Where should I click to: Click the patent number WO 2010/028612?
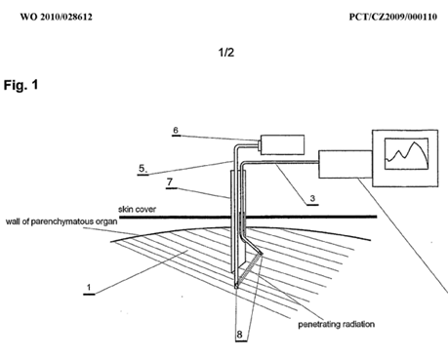point(57,17)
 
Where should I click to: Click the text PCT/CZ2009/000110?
point(393,17)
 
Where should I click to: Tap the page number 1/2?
point(226,53)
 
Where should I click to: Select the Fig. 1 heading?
point(20,85)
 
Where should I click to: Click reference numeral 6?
point(176,130)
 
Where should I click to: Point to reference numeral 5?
point(143,169)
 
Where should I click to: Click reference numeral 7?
point(170,181)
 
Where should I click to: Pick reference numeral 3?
point(312,198)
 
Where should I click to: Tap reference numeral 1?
point(89,288)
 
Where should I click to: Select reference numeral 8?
point(240,335)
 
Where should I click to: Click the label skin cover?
point(137,209)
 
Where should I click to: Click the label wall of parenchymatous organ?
point(61,221)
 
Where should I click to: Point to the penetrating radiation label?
point(337,324)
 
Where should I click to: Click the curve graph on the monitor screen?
point(407,153)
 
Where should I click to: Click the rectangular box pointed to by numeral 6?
point(282,144)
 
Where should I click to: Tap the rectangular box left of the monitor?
point(346,164)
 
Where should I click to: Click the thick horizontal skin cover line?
point(248,217)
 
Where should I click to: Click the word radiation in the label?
point(357,324)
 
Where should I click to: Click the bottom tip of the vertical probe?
point(236,288)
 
